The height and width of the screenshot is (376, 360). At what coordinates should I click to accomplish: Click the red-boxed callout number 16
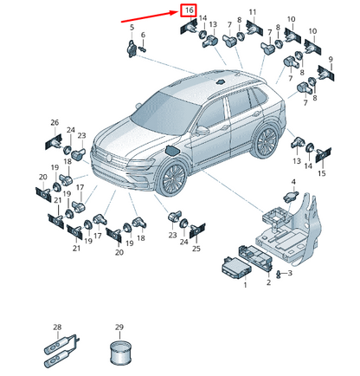[189, 10]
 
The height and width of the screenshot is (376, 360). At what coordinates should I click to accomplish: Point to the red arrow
[151, 16]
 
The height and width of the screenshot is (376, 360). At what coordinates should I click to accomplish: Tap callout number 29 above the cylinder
[119, 327]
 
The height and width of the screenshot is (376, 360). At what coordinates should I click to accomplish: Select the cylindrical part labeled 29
[120, 352]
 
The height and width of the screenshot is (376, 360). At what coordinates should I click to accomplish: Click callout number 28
[57, 327]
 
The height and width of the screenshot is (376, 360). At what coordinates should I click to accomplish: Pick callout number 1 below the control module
[245, 285]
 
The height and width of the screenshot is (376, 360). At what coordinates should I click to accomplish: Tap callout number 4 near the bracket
[293, 182]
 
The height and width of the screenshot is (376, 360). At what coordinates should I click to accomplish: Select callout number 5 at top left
[132, 28]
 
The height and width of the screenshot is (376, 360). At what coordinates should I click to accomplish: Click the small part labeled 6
[143, 49]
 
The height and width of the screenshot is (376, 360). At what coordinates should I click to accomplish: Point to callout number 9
[331, 60]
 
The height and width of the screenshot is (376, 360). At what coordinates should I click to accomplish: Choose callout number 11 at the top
[253, 12]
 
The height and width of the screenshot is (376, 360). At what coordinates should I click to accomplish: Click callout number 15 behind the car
[322, 173]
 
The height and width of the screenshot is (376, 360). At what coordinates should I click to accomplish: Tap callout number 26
[55, 122]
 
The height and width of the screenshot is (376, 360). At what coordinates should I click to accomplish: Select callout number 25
[196, 249]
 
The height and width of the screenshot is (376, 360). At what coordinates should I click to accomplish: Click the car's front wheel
[173, 178]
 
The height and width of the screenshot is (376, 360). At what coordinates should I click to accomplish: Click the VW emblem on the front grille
[109, 158]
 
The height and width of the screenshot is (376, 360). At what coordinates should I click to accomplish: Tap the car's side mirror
[202, 130]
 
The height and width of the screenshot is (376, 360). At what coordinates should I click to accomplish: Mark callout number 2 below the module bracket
[268, 282]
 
